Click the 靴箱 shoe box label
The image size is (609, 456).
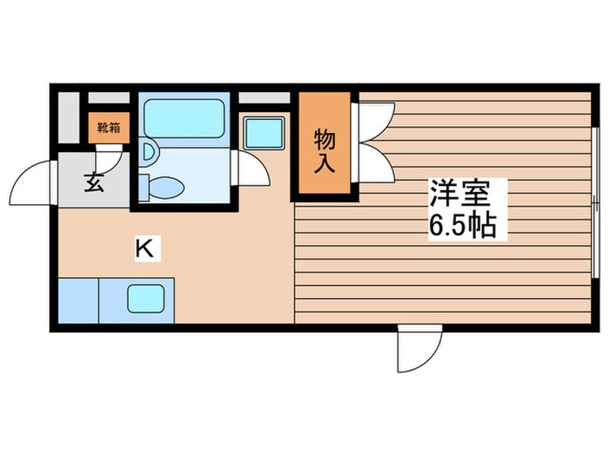(x=108, y=127)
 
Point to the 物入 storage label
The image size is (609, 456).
(x=325, y=149)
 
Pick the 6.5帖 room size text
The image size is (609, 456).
(x=462, y=226)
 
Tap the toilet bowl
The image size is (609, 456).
(x=164, y=186)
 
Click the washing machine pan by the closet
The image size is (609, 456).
(x=262, y=133)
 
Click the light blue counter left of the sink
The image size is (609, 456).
(x=78, y=301)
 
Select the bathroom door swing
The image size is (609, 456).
(x=251, y=167)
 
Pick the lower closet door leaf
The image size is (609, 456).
(x=374, y=162)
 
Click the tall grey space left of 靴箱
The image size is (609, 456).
(x=70, y=122)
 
